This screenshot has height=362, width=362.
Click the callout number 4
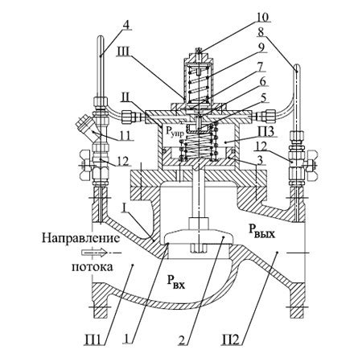(126, 25)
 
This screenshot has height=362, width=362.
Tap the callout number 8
(261, 32)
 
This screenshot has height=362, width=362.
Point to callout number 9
(261, 47)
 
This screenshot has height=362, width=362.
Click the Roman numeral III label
(124, 52)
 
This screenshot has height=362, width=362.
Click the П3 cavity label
(266, 132)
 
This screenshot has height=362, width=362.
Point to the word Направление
(80, 238)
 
